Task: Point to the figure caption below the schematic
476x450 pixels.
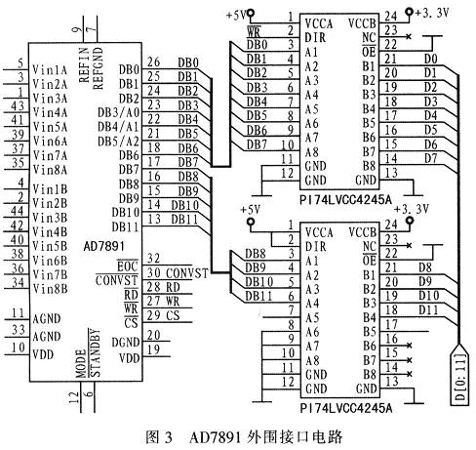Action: coord(237,436)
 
